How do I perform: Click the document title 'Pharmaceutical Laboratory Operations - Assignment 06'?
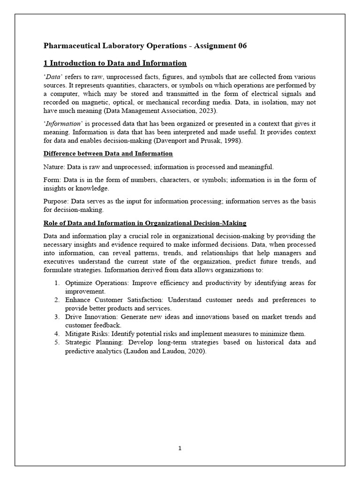point(145,45)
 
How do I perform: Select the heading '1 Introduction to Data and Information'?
point(115,63)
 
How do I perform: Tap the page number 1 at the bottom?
point(180,448)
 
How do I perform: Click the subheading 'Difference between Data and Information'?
point(108,154)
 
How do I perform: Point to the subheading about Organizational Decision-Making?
point(145,223)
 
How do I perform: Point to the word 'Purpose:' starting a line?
point(56,201)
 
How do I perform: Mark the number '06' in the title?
point(241,45)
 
